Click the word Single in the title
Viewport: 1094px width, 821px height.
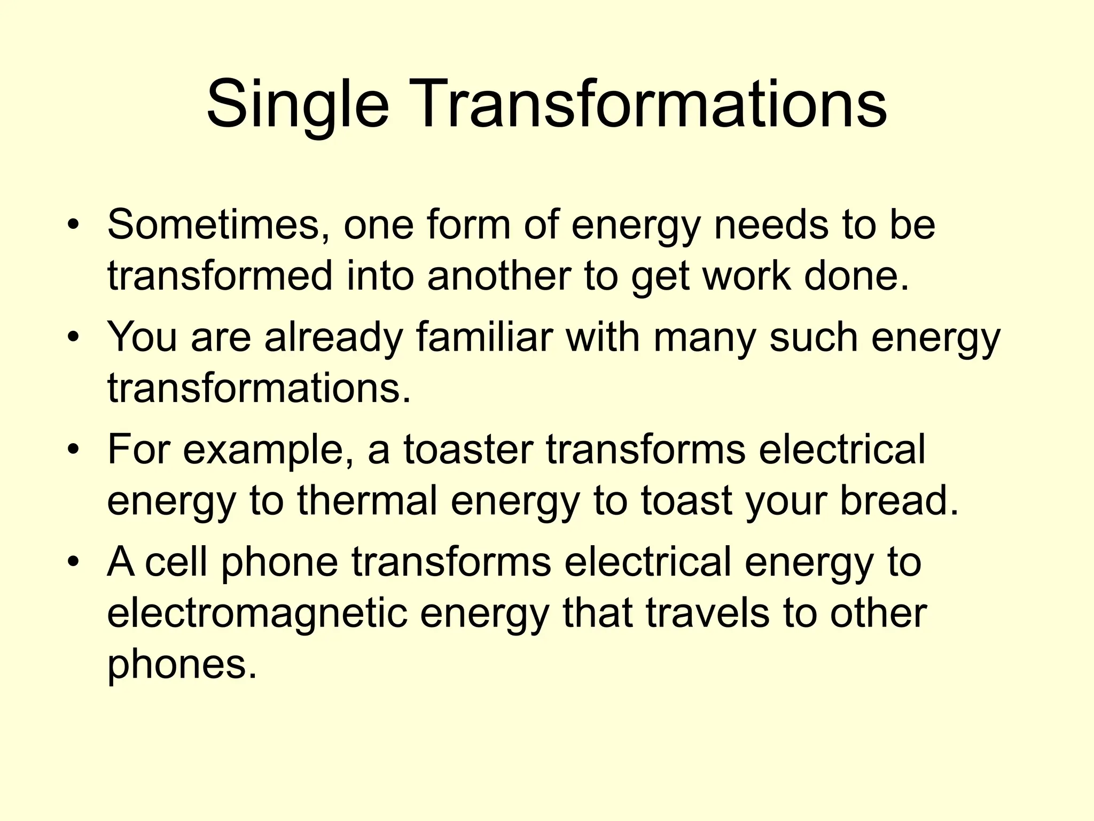(x=297, y=105)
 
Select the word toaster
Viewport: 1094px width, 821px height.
(x=468, y=450)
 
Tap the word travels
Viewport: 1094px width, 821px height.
(x=708, y=614)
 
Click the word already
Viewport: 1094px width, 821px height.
(x=333, y=338)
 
